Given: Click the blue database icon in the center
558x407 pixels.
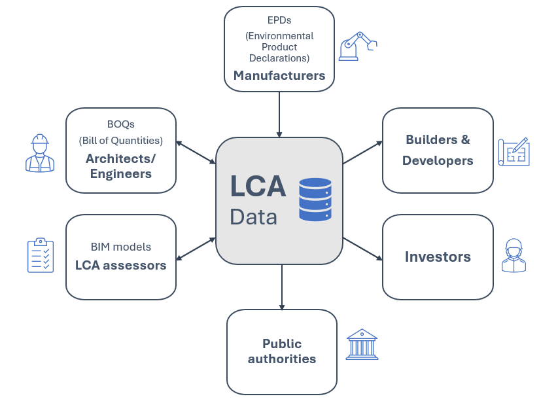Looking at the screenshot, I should [x=315, y=199].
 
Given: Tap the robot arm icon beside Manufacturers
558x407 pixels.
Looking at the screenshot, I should [x=357, y=46].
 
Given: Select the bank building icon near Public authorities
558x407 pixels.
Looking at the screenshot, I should [x=362, y=345].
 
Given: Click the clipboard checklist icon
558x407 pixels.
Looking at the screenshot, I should [x=41, y=255].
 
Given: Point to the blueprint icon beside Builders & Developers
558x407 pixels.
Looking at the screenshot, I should [x=514, y=152].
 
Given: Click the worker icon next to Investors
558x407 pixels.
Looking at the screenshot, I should [x=514, y=255].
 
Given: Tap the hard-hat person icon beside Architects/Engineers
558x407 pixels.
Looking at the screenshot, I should [x=40, y=153].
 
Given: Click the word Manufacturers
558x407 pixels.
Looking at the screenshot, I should [x=279, y=75].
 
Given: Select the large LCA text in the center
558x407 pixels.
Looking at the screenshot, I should [x=258, y=185].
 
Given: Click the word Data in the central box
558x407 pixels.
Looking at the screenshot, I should [x=253, y=217].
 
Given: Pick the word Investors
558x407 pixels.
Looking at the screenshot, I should [x=438, y=257].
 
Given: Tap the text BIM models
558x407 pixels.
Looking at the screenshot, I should [x=121, y=247].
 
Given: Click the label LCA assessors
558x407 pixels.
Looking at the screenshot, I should [x=121, y=265].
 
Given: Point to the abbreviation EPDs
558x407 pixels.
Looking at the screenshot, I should [x=279, y=20].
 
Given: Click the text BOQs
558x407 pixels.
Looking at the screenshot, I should [x=121, y=124].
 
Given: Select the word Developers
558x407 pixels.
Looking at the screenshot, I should [x=438, y=160].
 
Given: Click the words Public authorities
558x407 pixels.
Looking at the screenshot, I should [x=282, y=351].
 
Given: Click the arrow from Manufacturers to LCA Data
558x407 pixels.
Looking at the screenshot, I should [x=279, y=114].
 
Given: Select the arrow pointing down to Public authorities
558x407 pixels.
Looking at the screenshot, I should [x=282, y=287].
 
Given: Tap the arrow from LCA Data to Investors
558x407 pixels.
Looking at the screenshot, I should [x=362, y=249].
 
